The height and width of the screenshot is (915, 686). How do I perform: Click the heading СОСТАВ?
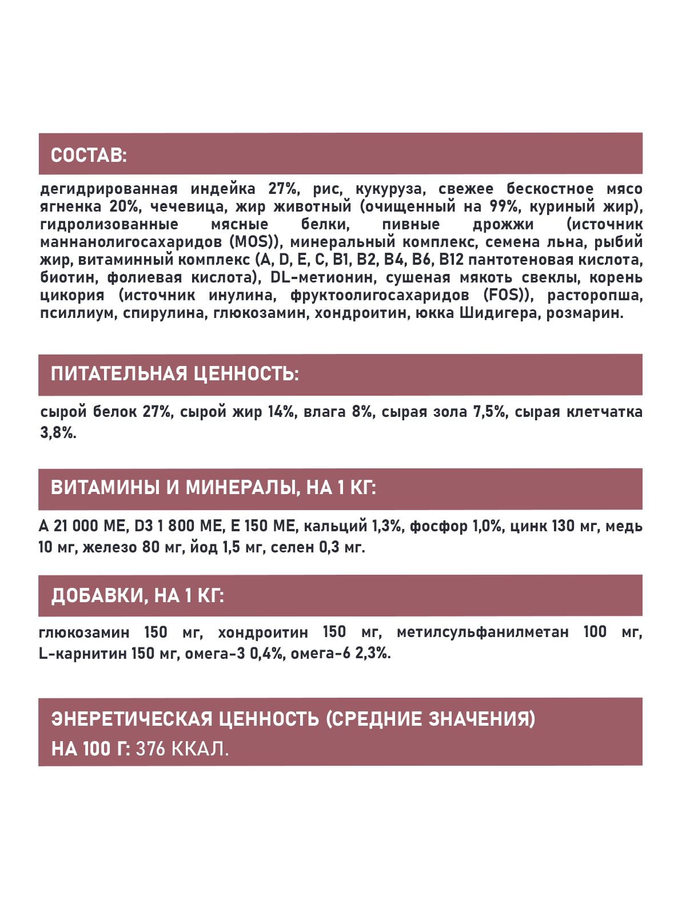[x=89, y=155]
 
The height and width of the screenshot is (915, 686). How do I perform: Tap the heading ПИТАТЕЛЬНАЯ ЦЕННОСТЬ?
[x=174, y=374]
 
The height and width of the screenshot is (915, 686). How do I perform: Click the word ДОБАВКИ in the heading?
[x=99, y=596]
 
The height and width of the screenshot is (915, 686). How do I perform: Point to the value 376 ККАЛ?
[x=182, y=749]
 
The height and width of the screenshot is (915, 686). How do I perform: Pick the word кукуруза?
[x=390, y=189]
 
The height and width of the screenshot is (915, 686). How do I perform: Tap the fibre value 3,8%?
[x=58, y=433]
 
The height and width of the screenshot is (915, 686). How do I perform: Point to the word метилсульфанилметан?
[x=482, y=632]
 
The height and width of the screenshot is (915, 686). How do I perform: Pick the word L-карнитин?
[x=83, y=654]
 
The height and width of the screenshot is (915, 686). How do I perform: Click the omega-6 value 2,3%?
[x=373, y=654]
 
